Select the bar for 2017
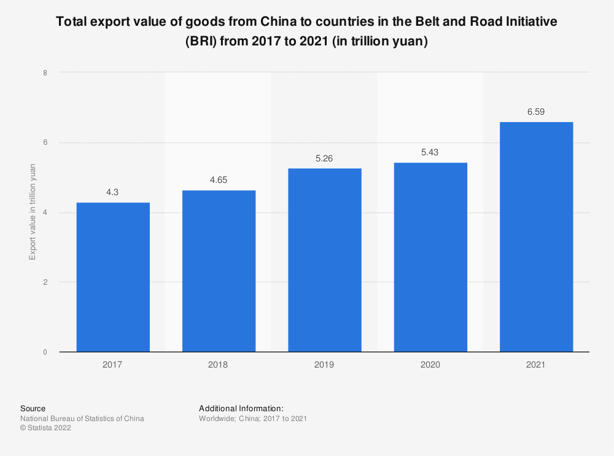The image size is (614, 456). (x=112, y=277)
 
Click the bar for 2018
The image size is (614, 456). (x=219, y=271)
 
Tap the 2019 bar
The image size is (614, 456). (x=324, y=260)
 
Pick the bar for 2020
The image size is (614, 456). (x=430, y=257)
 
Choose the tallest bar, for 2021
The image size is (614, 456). (x=536, y=237)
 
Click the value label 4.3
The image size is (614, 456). (x=112, y=192)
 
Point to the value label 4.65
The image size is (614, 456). (x=219, y=180)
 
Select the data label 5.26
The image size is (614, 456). (x=324, y=158)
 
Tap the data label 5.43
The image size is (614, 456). (x=430, y=152)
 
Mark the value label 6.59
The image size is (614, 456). (x=536, y=112)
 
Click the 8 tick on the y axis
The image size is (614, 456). (x=45, y=72)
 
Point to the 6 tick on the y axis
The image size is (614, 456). (x=45, y=142)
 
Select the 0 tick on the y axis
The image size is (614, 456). (x=45, y=352)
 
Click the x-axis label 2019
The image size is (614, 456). (x=324, y=365)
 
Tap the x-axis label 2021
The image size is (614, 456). (x=536, y=365)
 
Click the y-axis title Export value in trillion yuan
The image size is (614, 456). (x=33, y=212)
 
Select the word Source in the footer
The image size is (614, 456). (x=33, y=408)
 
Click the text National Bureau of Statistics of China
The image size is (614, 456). (x=82, y=419)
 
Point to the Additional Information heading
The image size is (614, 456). (x=241, y=408)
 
